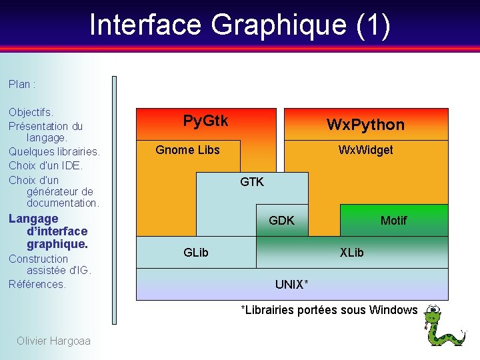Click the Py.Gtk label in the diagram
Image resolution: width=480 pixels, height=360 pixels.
(x=205, y=121)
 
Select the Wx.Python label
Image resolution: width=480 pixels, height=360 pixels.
(x=365, y=125)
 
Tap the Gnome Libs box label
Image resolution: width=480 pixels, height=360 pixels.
(x=187, y=149)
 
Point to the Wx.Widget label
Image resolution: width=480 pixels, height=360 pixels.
(x=365, y=149)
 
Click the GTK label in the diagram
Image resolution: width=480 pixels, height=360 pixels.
(x=252, y=181)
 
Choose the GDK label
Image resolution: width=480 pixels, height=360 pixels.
(x=281, y=220)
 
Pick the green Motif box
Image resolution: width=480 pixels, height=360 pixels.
(x=393, y=220)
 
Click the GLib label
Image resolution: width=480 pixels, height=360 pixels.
(x=196, y=252)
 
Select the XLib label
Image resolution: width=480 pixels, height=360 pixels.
(x=351, y=252)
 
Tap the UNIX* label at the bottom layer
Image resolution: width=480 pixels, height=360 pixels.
(x=292, y=285)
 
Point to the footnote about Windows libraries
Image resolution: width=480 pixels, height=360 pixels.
(x=329, y=310)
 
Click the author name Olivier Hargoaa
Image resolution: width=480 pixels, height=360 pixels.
(x=53, y=341)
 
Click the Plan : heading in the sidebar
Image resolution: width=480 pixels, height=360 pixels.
(x=22, y=84)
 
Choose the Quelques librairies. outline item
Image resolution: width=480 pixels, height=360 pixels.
(x=54, y=151)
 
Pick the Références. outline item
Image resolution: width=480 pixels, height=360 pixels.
(x=37, y=284)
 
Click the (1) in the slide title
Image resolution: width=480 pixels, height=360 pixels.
(x=373, y=25)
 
